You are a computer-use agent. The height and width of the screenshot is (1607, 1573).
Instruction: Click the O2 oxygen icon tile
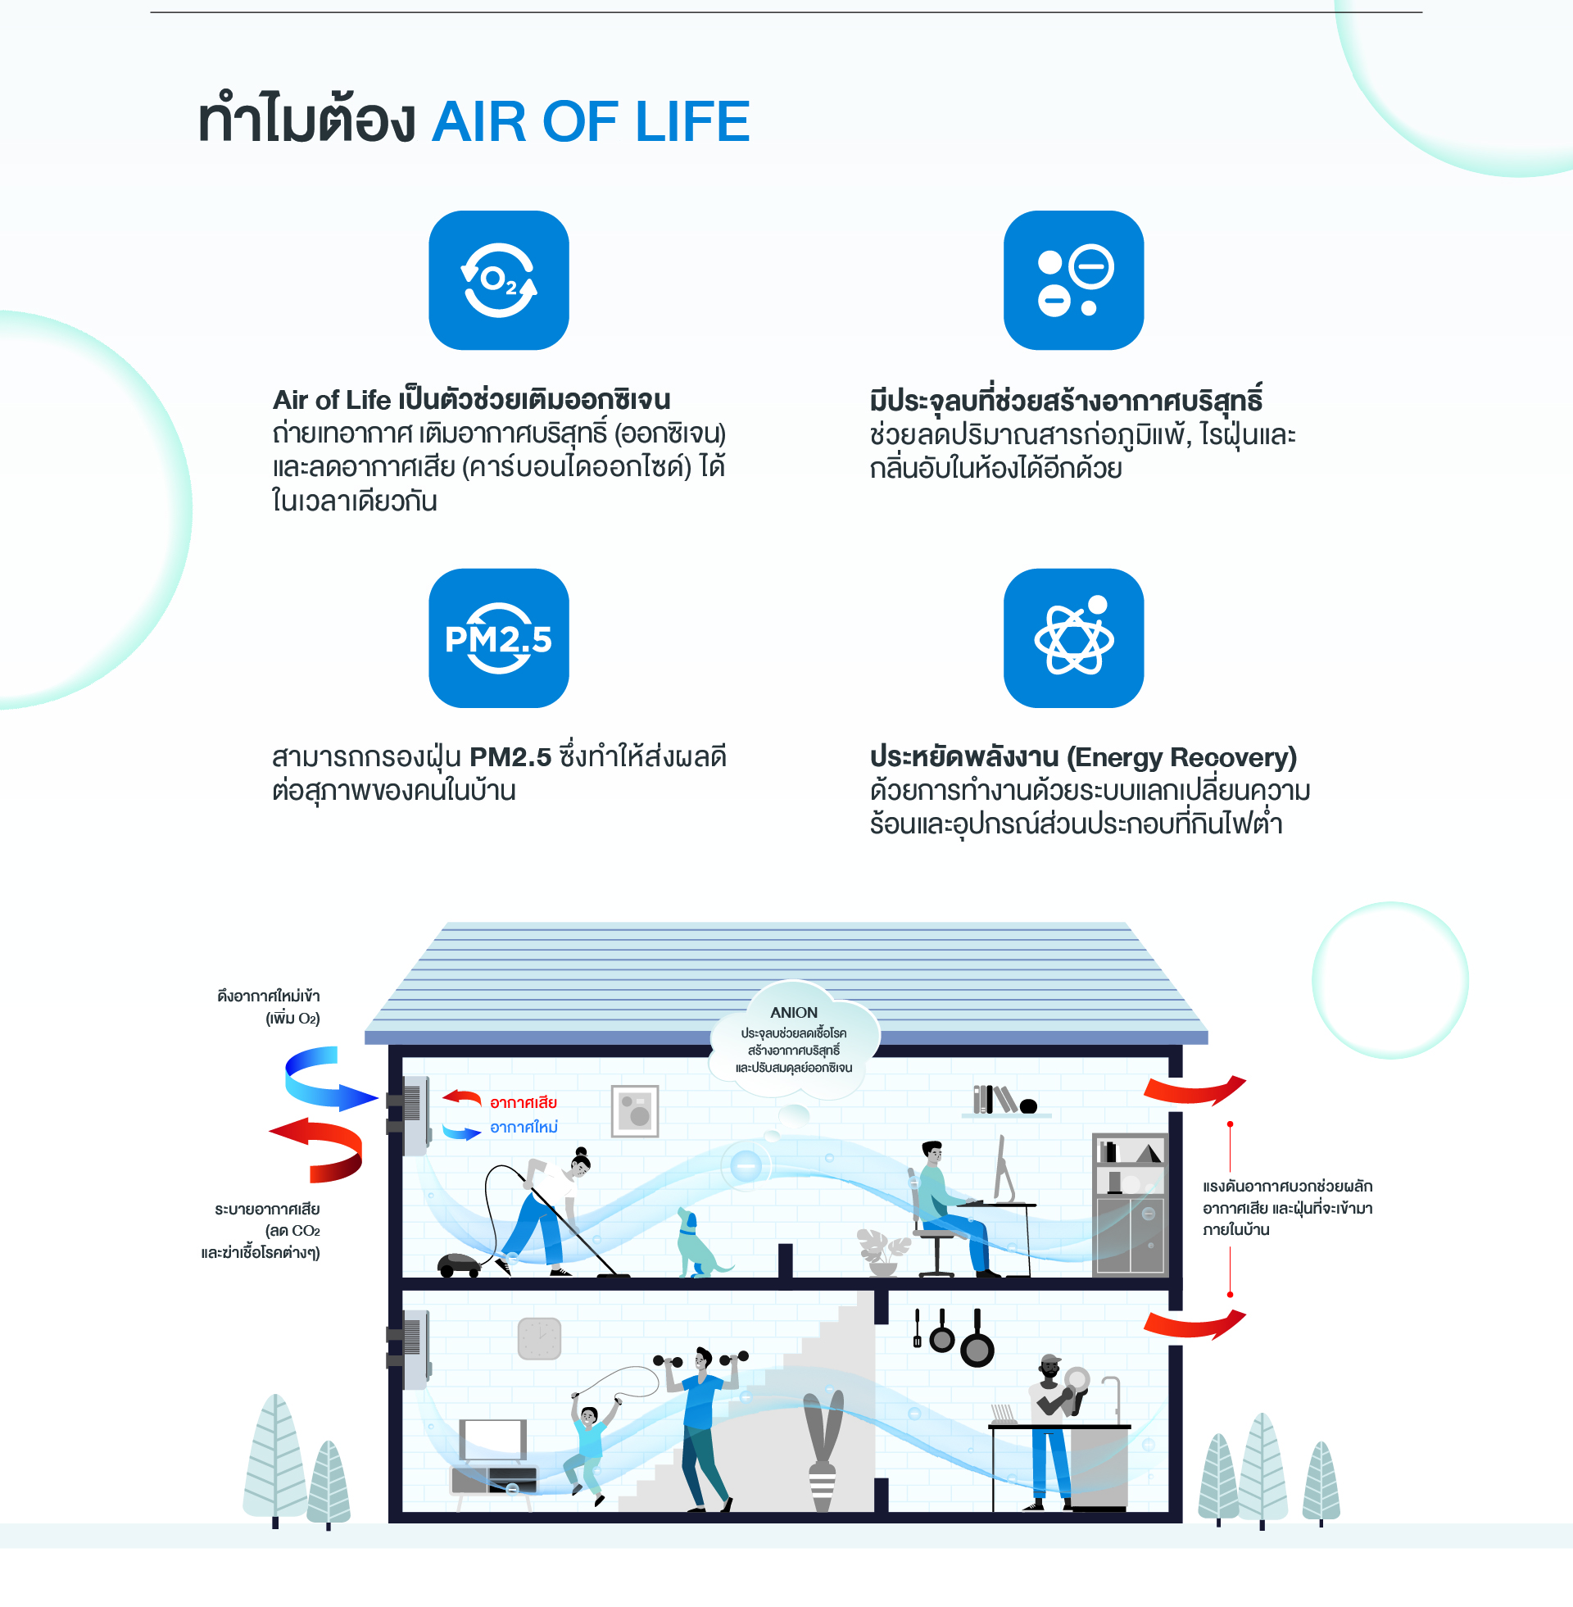tap(498, 280)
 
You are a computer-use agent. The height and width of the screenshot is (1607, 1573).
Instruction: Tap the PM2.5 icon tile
tap(498, 638)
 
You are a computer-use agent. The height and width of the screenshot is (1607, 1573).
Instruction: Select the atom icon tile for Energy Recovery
tap(1073, 638)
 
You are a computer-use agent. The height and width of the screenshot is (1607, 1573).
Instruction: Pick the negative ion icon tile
tap(1073, 280)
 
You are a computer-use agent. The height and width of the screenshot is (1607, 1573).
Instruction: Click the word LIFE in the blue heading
tap(692, 121)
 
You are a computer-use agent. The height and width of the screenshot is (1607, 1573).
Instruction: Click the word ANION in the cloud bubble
tap(793, 1012)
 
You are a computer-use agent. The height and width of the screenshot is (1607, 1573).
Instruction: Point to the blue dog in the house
tap(699, 1242)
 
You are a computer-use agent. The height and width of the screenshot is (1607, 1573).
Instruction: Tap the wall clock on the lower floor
tap(538, 1338)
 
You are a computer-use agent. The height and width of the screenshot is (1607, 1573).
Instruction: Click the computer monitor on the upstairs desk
tap(1004, 1169)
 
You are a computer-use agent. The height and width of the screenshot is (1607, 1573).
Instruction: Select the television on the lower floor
tap(492, 1441)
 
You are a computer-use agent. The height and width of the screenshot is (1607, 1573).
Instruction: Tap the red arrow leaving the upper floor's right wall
tap(1194, 1090)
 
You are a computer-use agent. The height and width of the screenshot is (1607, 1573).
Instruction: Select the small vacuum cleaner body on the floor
tap(460, 1264)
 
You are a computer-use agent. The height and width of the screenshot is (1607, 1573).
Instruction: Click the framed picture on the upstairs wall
tap(634, 1111)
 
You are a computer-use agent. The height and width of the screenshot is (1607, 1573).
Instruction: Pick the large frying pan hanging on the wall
tap(977, 1338)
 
